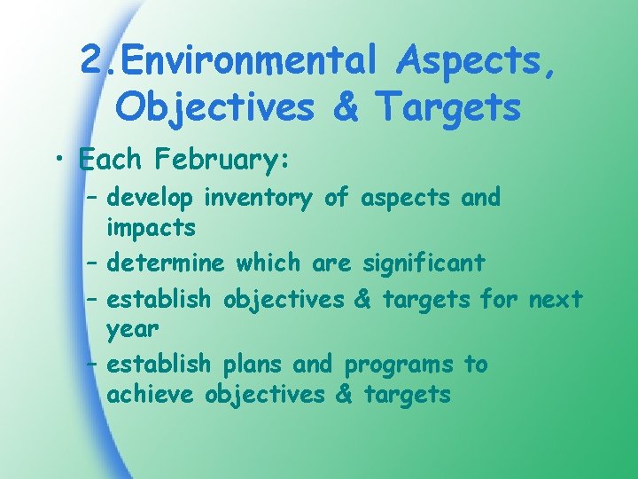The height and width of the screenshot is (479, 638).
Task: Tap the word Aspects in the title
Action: tap(477, 60)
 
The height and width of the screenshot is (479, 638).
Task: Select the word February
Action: tap(216, 161)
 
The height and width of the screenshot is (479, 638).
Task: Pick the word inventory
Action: tap(259, 198)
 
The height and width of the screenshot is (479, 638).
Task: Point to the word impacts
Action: tap(151, 228)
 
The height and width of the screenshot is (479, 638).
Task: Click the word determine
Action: tap(166, 263)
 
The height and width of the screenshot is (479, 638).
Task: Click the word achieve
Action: tap(150, 395)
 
